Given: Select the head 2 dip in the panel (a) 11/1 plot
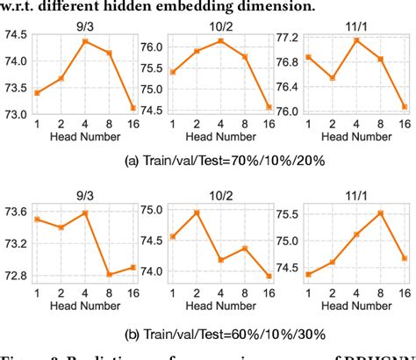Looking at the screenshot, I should tap(333, 77).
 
